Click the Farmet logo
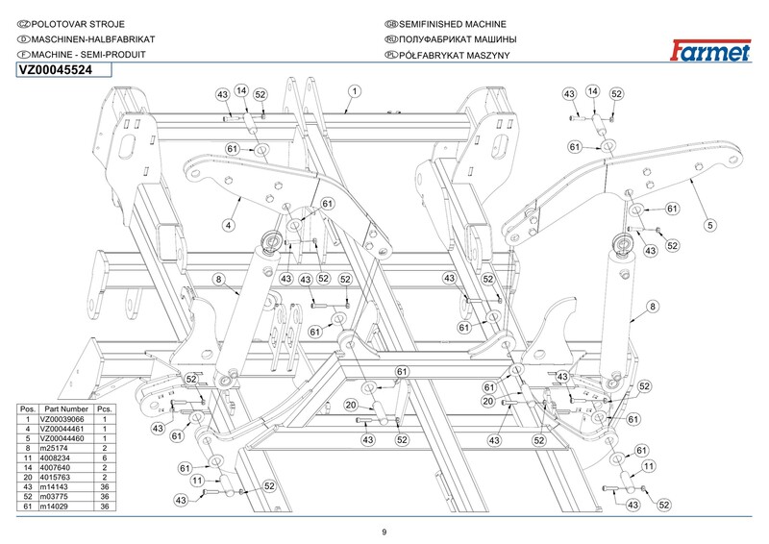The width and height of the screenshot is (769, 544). pos(709,51)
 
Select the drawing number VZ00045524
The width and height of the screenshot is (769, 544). pos(56,70)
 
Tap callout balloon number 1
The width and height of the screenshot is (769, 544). pos(355,91)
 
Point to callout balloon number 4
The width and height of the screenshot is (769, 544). pos(229,226)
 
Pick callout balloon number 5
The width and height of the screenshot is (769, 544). pos(710,226)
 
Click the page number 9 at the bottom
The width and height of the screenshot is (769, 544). pos(384,532)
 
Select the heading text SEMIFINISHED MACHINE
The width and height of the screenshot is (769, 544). pos(453,24)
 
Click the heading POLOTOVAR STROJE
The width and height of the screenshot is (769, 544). pos(78,24)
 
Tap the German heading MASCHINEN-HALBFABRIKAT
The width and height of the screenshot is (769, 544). pos(93,39)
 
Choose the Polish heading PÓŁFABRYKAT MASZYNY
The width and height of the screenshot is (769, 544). pos(454,55)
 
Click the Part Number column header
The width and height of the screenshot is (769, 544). pos(66,409)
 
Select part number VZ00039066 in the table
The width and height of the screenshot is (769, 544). pos(62,419)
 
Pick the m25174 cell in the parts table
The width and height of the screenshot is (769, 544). pos(54,448)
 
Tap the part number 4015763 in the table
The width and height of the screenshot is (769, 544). pos(55,478)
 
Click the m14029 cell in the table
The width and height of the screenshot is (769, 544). pos(54,507)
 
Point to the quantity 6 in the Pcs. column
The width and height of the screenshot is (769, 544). pos(105,458)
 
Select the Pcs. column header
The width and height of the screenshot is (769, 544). pos(105,409)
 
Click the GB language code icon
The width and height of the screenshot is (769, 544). pos(391,24)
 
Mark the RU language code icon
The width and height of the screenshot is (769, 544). pos(391,39)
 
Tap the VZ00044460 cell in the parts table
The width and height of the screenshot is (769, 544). pos(62,438)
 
